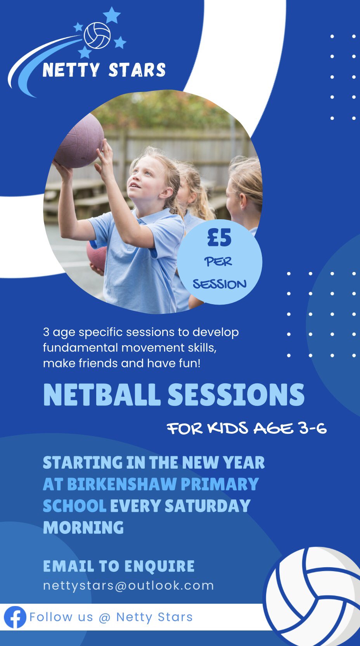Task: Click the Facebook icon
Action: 15,617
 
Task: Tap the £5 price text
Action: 219,237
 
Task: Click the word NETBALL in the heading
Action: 102,395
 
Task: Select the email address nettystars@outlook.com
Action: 128,586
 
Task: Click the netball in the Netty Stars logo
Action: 97,35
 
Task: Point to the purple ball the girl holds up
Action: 79,141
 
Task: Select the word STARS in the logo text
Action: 137,70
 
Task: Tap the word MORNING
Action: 83,528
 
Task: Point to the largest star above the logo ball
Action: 112,15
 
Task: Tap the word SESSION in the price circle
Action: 220,284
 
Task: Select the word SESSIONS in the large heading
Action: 236,395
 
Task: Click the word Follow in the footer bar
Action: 51,617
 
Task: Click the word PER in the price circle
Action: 218,262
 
